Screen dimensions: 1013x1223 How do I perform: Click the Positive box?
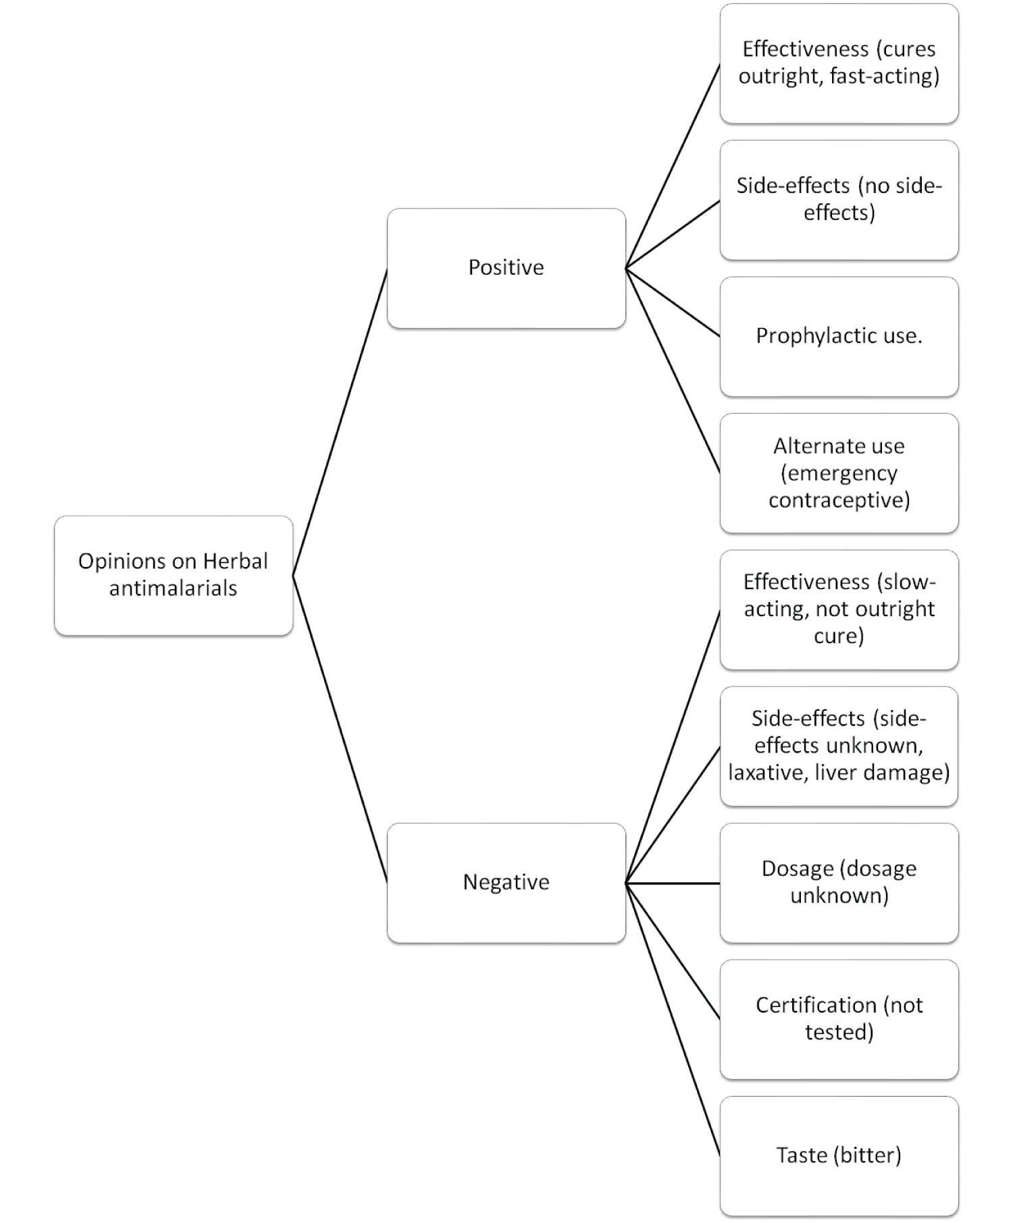click(506, 268)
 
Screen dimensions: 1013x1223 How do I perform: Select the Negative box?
click(506, 883)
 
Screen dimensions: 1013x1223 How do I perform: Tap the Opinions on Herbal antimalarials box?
click(174, 576)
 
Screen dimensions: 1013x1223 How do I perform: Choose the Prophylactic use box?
click(839, 337)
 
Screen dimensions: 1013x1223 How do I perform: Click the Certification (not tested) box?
click(839, 1019)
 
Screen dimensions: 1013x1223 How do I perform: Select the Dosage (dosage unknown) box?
click(839, 883)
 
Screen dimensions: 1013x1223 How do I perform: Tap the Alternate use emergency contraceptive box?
click(839, 473)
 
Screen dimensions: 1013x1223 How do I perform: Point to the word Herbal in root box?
click(236, 561)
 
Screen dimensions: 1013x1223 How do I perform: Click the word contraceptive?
click(839, 500)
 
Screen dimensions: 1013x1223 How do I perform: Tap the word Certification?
click(816, 1005)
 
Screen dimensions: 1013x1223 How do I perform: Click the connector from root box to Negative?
click(340, 729)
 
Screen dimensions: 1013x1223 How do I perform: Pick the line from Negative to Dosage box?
click(673, 883)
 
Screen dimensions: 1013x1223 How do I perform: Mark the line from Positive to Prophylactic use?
click(673, 302)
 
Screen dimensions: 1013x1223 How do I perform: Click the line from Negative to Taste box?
click(673, 1019)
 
